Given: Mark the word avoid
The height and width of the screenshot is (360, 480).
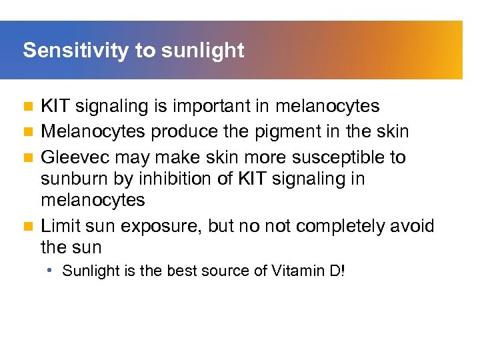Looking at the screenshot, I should [411, 226].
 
